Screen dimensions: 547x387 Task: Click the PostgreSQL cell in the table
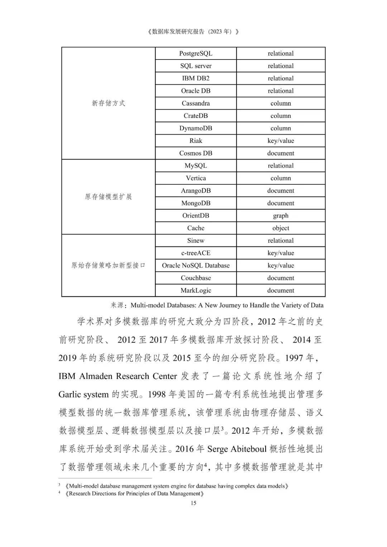(x=196, y=53)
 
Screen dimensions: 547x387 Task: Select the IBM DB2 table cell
(x=196, y=78)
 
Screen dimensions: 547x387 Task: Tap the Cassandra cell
(x=196, y=104)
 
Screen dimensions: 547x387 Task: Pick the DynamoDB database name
(x=196, y=128)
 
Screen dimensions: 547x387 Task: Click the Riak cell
(x=196, y=141)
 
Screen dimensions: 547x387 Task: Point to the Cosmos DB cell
(x=196, y=153)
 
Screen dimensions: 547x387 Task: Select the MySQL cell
(x=196, y=166)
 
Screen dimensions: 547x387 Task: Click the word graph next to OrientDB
(x=281, y=216)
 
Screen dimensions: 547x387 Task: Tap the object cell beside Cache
(x=281, y=228)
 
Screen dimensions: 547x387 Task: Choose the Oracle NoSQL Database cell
(x=196, y=265)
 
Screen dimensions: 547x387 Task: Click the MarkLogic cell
(x=196, y=291)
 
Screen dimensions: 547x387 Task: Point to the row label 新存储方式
(x=108, y=103)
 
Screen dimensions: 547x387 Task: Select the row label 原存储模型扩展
(x=108, y=197)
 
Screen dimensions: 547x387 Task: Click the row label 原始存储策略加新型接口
(x=108, y=265)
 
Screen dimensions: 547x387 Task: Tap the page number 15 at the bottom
(x=193, y=503)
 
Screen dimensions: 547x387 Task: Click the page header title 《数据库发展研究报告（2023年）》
(x=193, y=32)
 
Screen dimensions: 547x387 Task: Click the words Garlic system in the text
(x=83, y=394)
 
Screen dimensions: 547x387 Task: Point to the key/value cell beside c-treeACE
(x=281, y=253)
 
